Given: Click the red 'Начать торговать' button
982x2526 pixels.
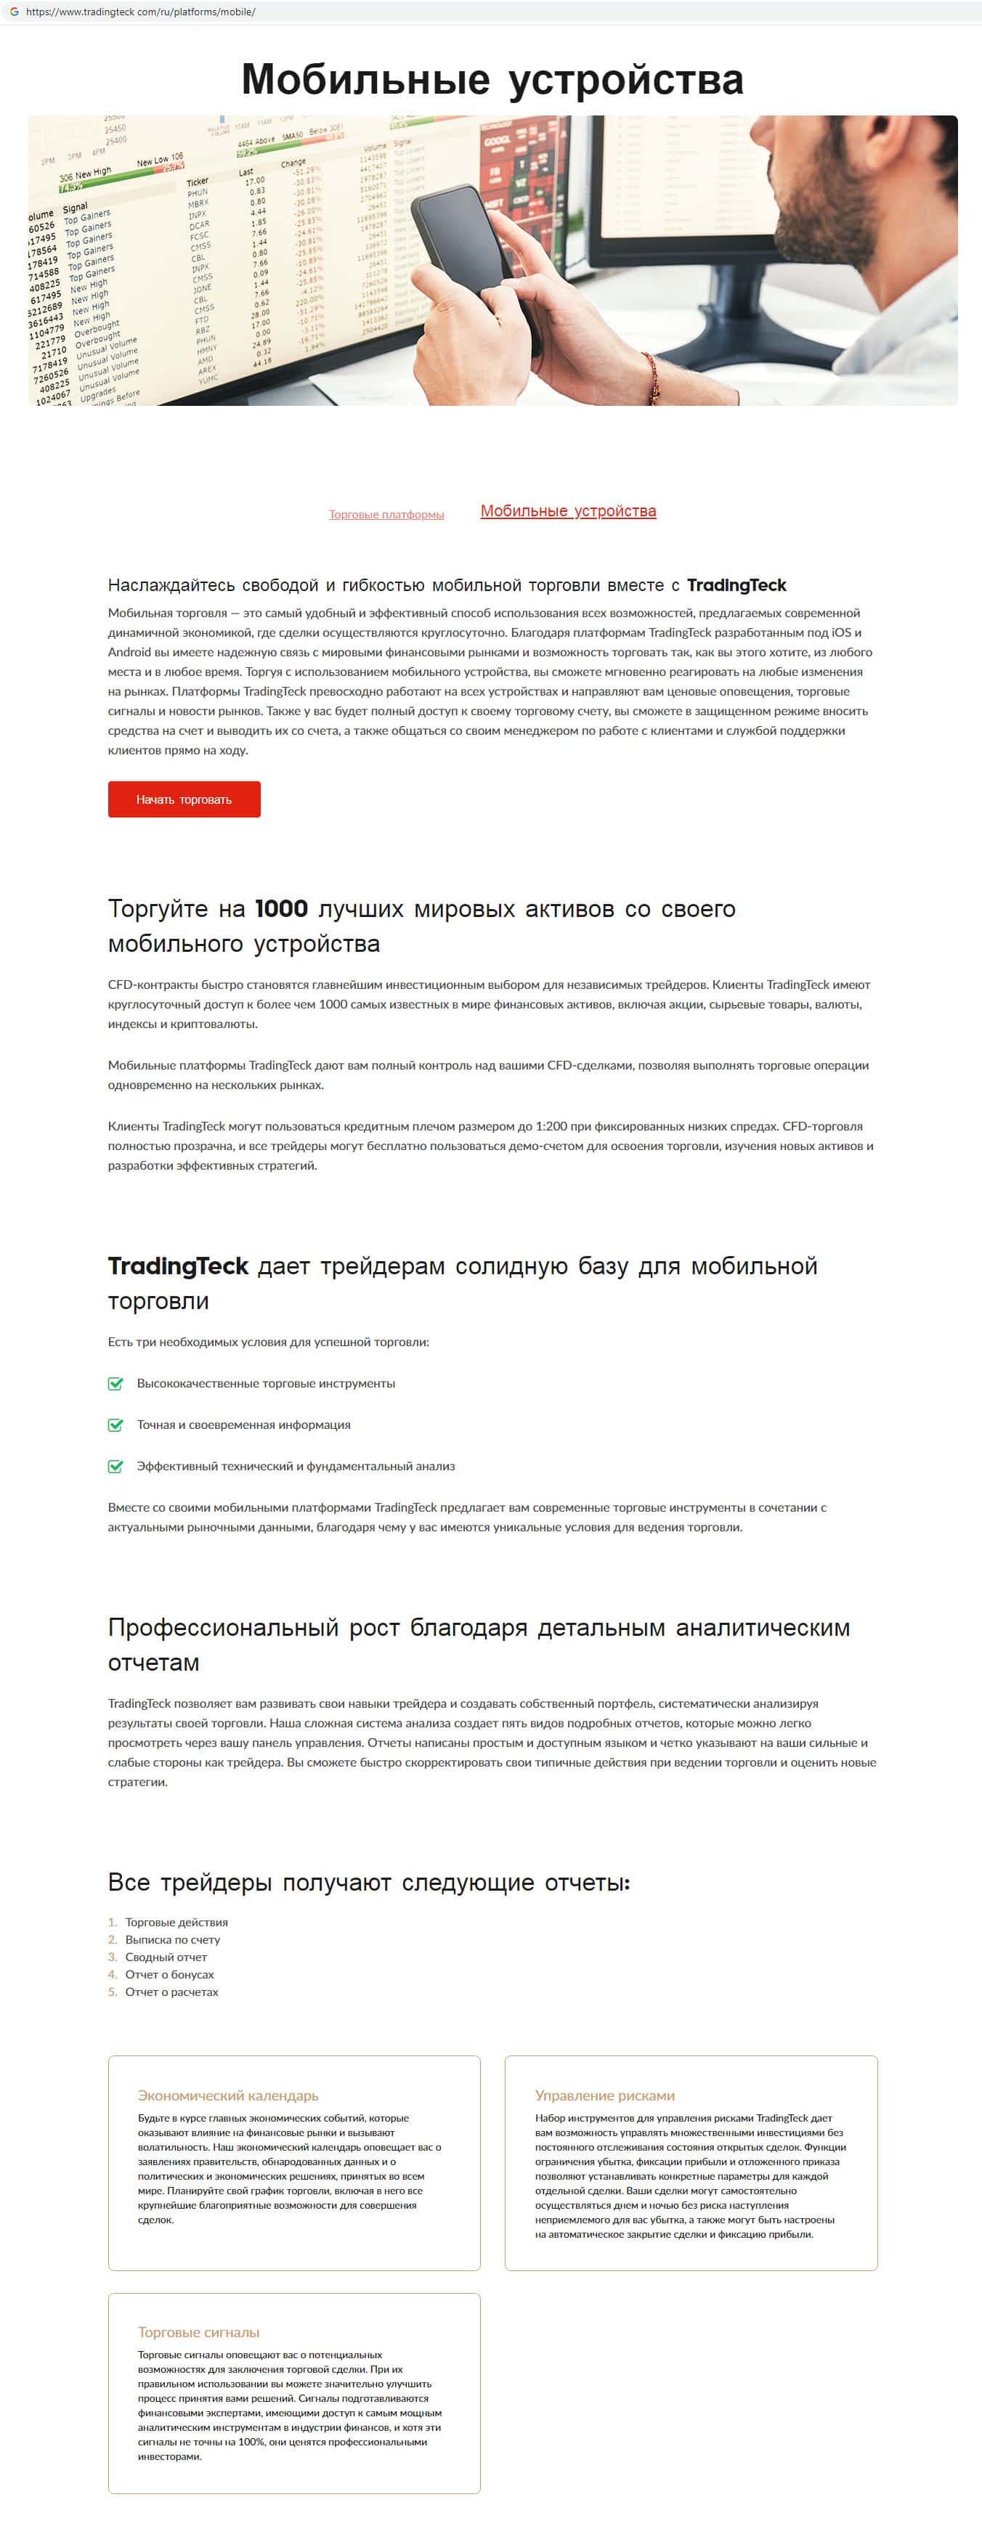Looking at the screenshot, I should tap(184, 799).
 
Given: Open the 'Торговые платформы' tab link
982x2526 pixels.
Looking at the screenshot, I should tap(386, 515).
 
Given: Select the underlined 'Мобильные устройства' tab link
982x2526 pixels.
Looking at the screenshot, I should tap(568, 511).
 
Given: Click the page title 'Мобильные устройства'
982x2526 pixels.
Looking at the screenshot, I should tap(492, 79).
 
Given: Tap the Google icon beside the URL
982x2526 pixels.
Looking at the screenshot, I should tap(14, 12).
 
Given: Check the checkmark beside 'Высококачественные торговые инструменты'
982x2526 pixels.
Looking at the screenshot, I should tap(115, 1384).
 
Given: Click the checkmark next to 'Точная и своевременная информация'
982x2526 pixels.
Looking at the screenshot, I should tap(115, 1425).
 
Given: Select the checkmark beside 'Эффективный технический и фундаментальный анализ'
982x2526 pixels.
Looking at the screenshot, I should tap(115, 1466).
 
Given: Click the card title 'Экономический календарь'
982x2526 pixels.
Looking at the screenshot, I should tap(227, 2095).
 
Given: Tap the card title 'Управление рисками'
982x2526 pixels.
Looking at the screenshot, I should tap(604, 2095).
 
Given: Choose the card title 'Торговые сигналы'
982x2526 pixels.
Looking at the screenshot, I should tap(198, 2332).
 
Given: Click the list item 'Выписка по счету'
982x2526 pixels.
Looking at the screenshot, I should tap(173, 1939).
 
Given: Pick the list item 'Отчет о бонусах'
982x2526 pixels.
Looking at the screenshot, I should tap(169, 1974).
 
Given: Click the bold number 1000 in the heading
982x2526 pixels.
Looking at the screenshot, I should tap(280, 909).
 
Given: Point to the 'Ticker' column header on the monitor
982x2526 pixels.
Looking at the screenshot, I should tap(197, 182).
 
